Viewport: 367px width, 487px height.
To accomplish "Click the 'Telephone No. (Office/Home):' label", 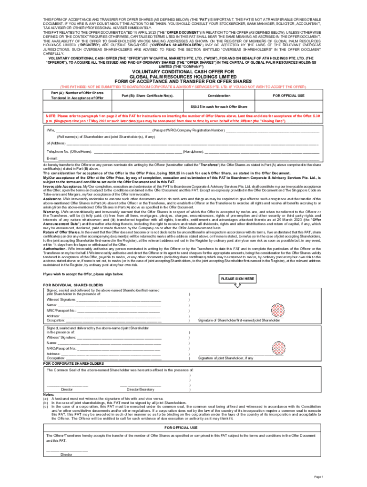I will point(69,151).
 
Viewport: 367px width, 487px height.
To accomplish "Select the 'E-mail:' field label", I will point(51,158).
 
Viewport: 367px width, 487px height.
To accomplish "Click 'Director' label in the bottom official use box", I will point(66,455).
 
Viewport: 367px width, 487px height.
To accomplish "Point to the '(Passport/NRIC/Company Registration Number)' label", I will point(189,130).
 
